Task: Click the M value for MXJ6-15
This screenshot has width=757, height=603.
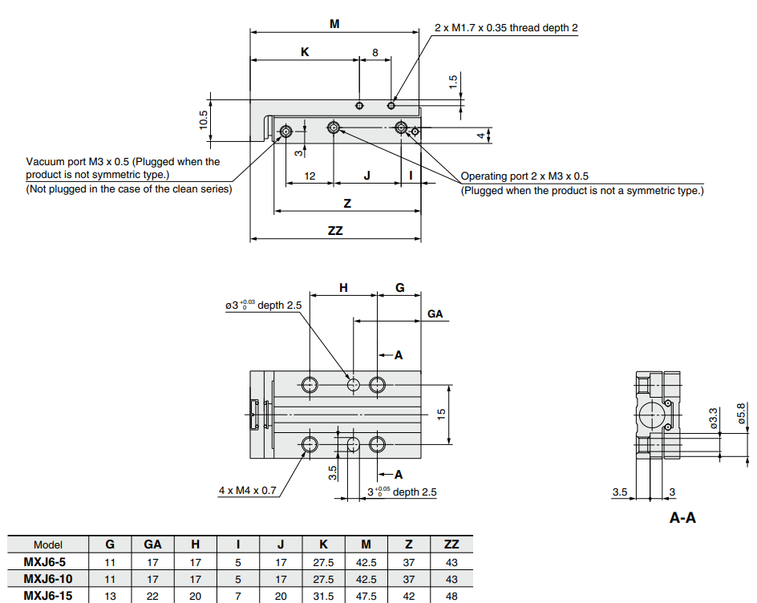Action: pos(366,596)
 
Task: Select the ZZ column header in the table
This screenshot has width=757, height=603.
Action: pos(451,544)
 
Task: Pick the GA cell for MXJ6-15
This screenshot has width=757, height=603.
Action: pos(153,596)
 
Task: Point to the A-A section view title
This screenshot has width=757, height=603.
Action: pos(682,518)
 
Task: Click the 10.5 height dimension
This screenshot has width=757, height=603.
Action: pos(204,121)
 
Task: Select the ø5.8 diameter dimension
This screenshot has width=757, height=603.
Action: pos(741,415)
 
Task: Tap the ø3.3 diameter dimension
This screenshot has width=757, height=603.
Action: pos(713,419)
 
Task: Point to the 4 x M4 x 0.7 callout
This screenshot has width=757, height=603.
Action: pos(247,490)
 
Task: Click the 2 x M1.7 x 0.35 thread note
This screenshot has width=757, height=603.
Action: pos(506,28)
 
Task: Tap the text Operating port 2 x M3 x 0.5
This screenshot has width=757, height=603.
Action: pos(524,176)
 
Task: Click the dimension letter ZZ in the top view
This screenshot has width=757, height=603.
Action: pos(335,230)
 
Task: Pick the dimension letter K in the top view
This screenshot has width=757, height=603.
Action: pos(305,52)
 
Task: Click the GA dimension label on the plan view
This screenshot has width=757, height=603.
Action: pos(435,314)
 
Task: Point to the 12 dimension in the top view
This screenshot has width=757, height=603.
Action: pos(310,176)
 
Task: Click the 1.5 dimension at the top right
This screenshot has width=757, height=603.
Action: pos(453,82)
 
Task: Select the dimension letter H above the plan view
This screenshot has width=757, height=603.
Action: pos(343,287)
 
